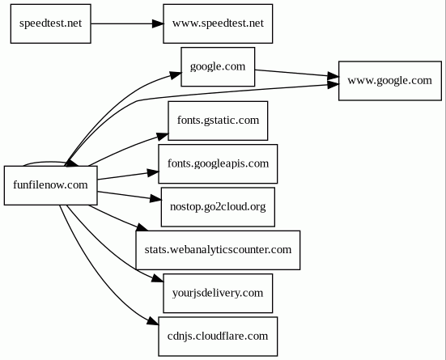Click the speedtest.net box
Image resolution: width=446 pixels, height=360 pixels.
51,23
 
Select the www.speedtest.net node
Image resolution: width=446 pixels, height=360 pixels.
218,23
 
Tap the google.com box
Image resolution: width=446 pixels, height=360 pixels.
218,67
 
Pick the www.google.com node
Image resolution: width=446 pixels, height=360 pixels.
390,81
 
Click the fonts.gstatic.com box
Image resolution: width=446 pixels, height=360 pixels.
218,121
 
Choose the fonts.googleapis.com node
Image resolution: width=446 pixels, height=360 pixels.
218,163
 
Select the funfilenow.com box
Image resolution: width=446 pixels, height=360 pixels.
51,185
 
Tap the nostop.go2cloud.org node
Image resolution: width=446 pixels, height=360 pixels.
218,207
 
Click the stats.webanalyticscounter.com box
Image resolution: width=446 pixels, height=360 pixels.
218,250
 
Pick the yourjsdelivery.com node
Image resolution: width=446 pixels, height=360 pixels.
218,293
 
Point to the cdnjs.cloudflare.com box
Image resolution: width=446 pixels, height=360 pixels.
218,337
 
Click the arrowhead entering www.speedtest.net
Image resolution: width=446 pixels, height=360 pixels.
158,23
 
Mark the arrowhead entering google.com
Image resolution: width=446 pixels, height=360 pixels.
176,75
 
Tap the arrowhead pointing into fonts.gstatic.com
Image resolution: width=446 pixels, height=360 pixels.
163,137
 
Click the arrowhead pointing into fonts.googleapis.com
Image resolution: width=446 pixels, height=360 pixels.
153,172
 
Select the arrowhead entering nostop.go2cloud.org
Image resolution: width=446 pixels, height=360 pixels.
156,198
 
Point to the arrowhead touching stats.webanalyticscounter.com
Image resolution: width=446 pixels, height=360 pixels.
142,227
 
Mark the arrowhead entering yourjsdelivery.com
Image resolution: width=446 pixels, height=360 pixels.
158,278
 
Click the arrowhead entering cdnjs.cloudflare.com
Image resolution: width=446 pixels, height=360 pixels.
153,320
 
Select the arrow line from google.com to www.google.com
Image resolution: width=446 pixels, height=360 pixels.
297,73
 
